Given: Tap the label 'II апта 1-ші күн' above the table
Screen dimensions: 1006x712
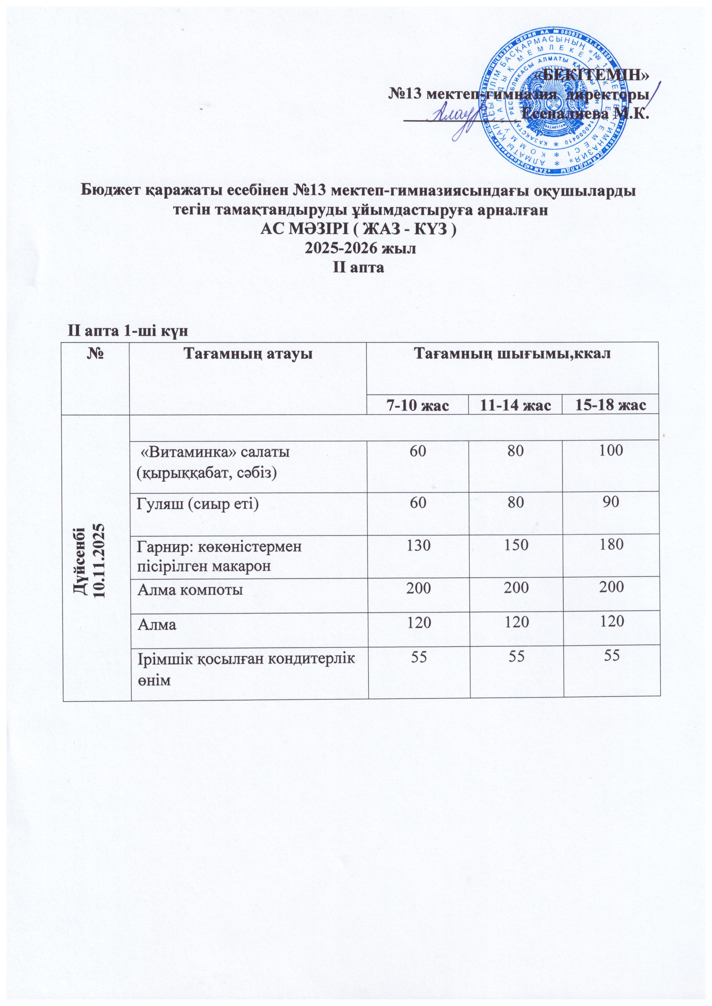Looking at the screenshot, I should [x=127, y=331].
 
